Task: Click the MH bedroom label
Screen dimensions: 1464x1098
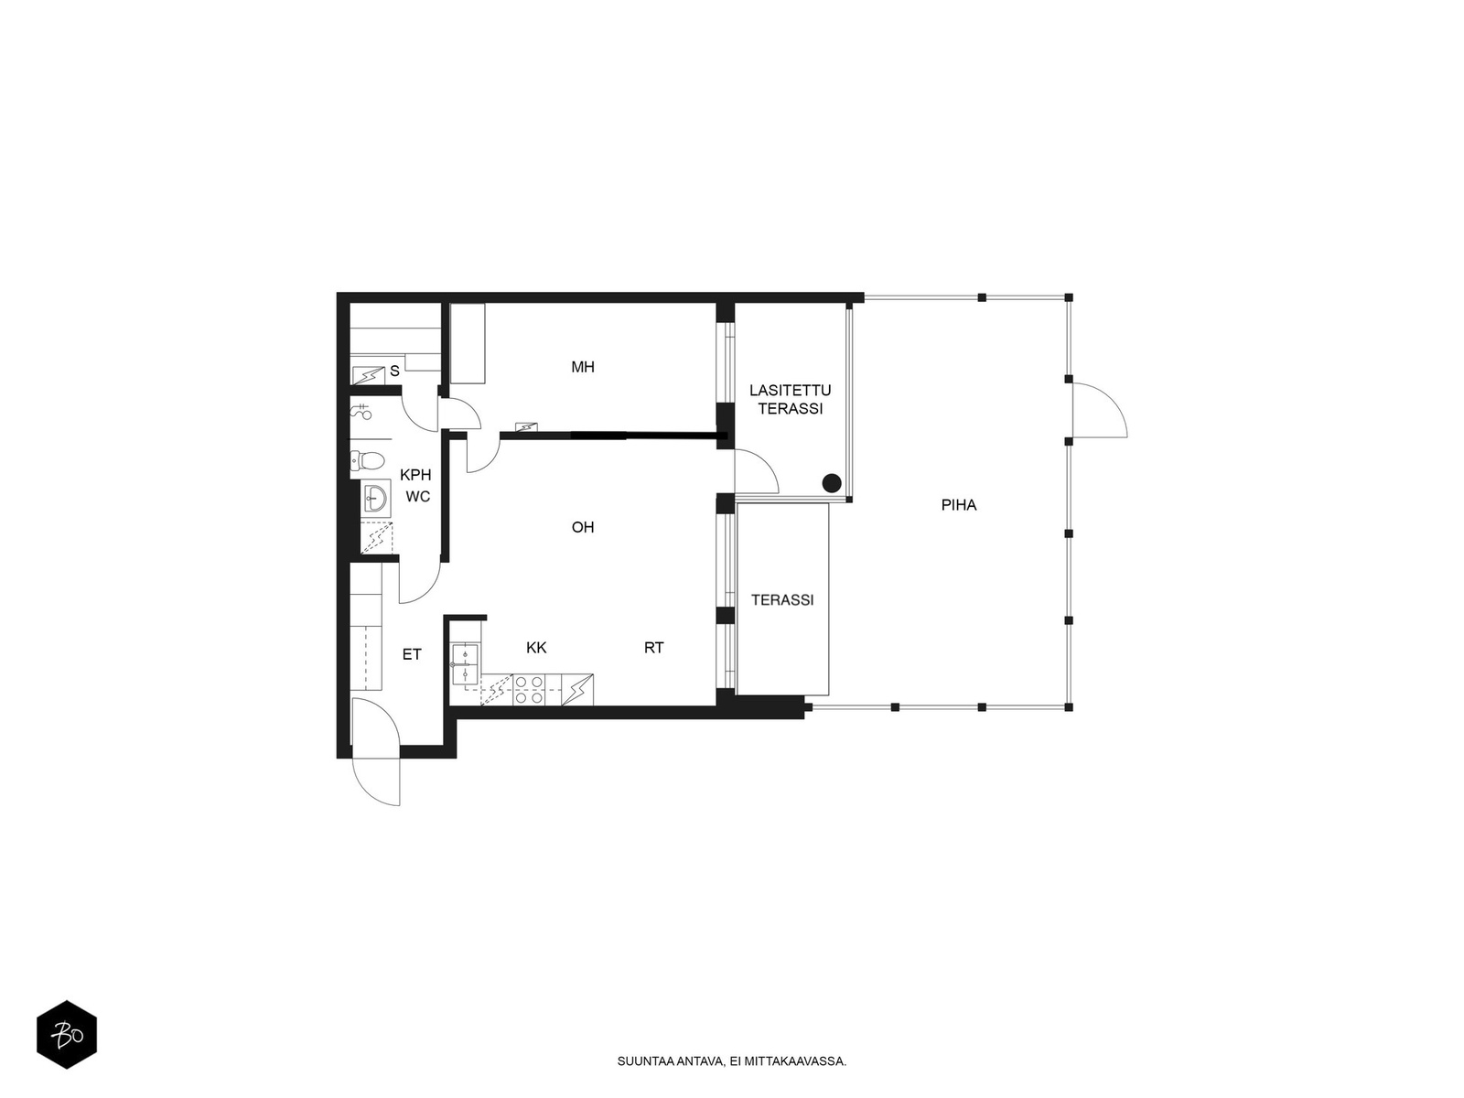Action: point(582,367)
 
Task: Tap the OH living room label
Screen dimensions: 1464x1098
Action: point(582,527)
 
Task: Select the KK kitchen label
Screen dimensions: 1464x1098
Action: point(536,647)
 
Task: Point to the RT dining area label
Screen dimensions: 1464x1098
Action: point(653,647)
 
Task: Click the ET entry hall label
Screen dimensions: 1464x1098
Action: point(412,654)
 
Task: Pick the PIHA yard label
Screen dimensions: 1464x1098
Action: point(958,505)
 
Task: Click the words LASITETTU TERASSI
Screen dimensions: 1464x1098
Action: point(791,399)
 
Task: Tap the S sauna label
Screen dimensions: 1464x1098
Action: point(395,371)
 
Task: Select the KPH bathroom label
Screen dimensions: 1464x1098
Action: point(415,475)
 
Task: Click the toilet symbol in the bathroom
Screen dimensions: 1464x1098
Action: point(368,460)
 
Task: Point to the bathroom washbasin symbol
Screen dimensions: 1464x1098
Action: point(377,498)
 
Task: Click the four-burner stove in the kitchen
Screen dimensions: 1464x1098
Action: point(528,690)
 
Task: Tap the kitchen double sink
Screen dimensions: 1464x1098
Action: point(464,664)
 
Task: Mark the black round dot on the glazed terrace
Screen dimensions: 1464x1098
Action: point(831,483)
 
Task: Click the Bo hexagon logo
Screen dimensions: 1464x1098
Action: point(67,1035)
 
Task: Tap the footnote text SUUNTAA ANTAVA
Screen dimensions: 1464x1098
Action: point(670,1061)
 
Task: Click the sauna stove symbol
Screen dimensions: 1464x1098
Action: point(369,375)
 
